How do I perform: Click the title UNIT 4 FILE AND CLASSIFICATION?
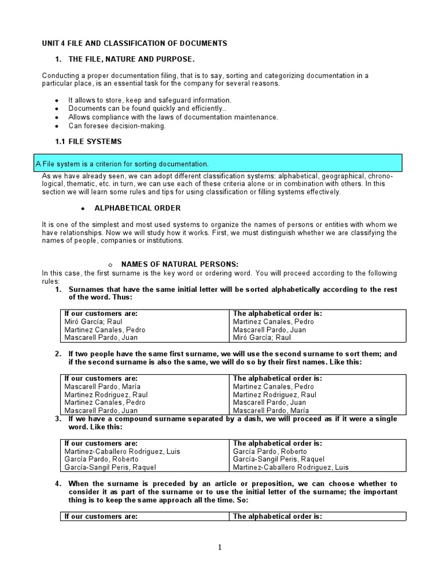135,43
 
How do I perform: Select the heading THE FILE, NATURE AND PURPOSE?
132,60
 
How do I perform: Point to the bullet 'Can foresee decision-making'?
117,126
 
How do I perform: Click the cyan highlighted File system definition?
122,163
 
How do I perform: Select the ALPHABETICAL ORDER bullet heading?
137,208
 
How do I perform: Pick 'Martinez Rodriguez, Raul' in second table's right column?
274,395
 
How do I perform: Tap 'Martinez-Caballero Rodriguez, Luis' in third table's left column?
122,451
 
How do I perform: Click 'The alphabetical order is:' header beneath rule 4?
277,516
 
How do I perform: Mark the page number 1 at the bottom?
219,547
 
